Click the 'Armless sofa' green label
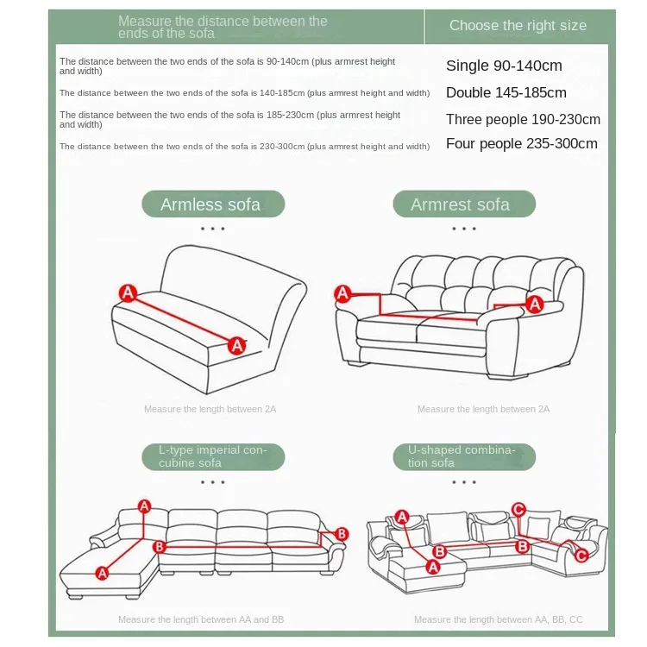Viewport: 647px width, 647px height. pyautogui.click(x=213, y=204)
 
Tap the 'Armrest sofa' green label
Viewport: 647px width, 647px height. pyautogui.click(x=464, y=204)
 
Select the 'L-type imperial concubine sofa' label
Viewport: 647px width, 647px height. pyautogui.click(x=213, y=456)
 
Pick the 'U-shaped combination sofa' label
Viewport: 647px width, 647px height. pyautogui.click(x=464, y=456)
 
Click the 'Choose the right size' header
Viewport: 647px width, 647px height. pyautogui.click(x=518, y=25)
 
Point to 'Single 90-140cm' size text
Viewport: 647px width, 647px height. pyautogui.click(x=504, y=66)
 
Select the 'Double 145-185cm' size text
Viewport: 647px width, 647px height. pyautogui.click(x=506, y=92)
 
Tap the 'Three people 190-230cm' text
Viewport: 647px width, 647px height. pyautogui.click(x=523, y=119)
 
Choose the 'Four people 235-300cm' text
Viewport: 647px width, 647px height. pyautogui.click(x=522, y=143)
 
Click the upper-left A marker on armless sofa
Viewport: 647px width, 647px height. pyautogui.click(x=128, y=293)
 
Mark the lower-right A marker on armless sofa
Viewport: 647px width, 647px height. pyautogui.click(x=237, y=345)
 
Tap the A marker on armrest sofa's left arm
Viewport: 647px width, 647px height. pyautogui.click(x=342, y=294)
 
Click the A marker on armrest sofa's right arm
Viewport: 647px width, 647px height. pyautogui.click(x=535, y=305)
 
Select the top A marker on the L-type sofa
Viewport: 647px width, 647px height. pyautogui.click(x=144, y=506)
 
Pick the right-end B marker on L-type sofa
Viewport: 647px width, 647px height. pyautogui.click(x=342, y=534)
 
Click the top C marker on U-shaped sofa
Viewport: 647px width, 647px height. pyautogui.click(x=518, y=510)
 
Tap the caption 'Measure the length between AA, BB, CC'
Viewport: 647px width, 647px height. pyautogui.click(x=498, y=619)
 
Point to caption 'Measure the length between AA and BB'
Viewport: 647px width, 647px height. pyautogui.click(x=201, y=619)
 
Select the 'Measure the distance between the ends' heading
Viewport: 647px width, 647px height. pyautogui.click(x=223, y=27)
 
